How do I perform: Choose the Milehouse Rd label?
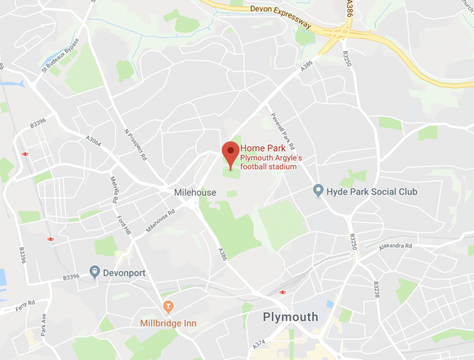click(x=161, y=221)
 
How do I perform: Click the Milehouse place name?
click(x=195, y=193)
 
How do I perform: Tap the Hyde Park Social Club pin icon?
click(x=318, y=192)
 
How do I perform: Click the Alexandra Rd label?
click(x=396, y=246)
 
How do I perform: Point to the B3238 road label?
click(x=375, y=290)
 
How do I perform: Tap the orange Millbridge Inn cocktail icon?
click(x=168, y=306)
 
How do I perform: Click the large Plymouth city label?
click(x=290, y=317)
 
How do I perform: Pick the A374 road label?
click(x=258, y=343)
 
